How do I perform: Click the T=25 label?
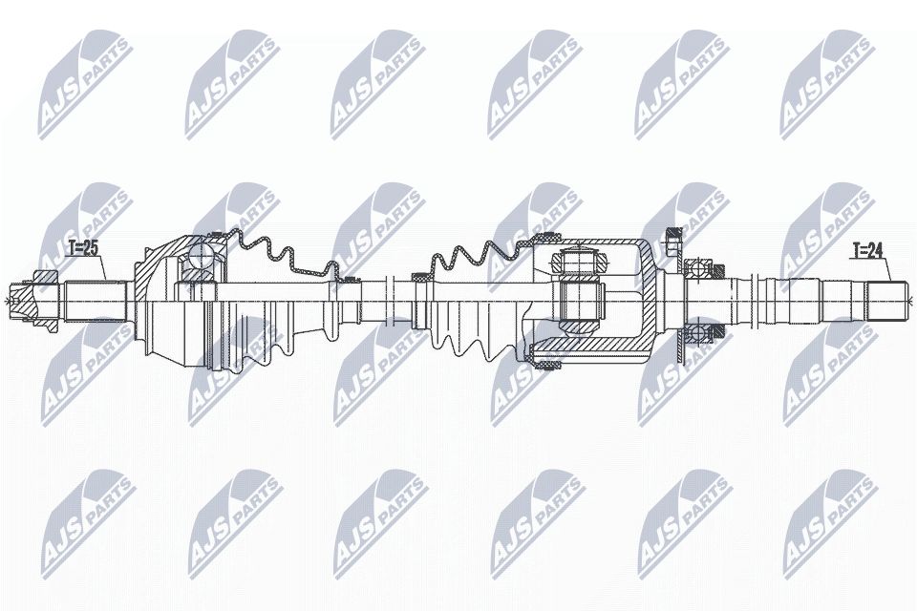tap(84, 248)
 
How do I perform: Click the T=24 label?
tap(868, 251)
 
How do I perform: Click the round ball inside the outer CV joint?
tap(203, 255)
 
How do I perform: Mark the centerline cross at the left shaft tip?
tap(12, 303)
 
